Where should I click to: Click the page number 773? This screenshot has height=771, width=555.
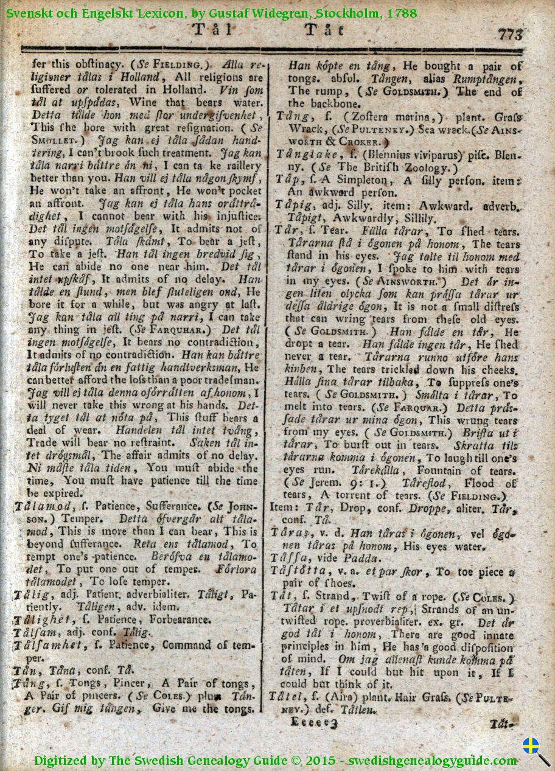[511, 35]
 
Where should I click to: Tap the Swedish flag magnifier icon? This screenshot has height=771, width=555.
[534, 750]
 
